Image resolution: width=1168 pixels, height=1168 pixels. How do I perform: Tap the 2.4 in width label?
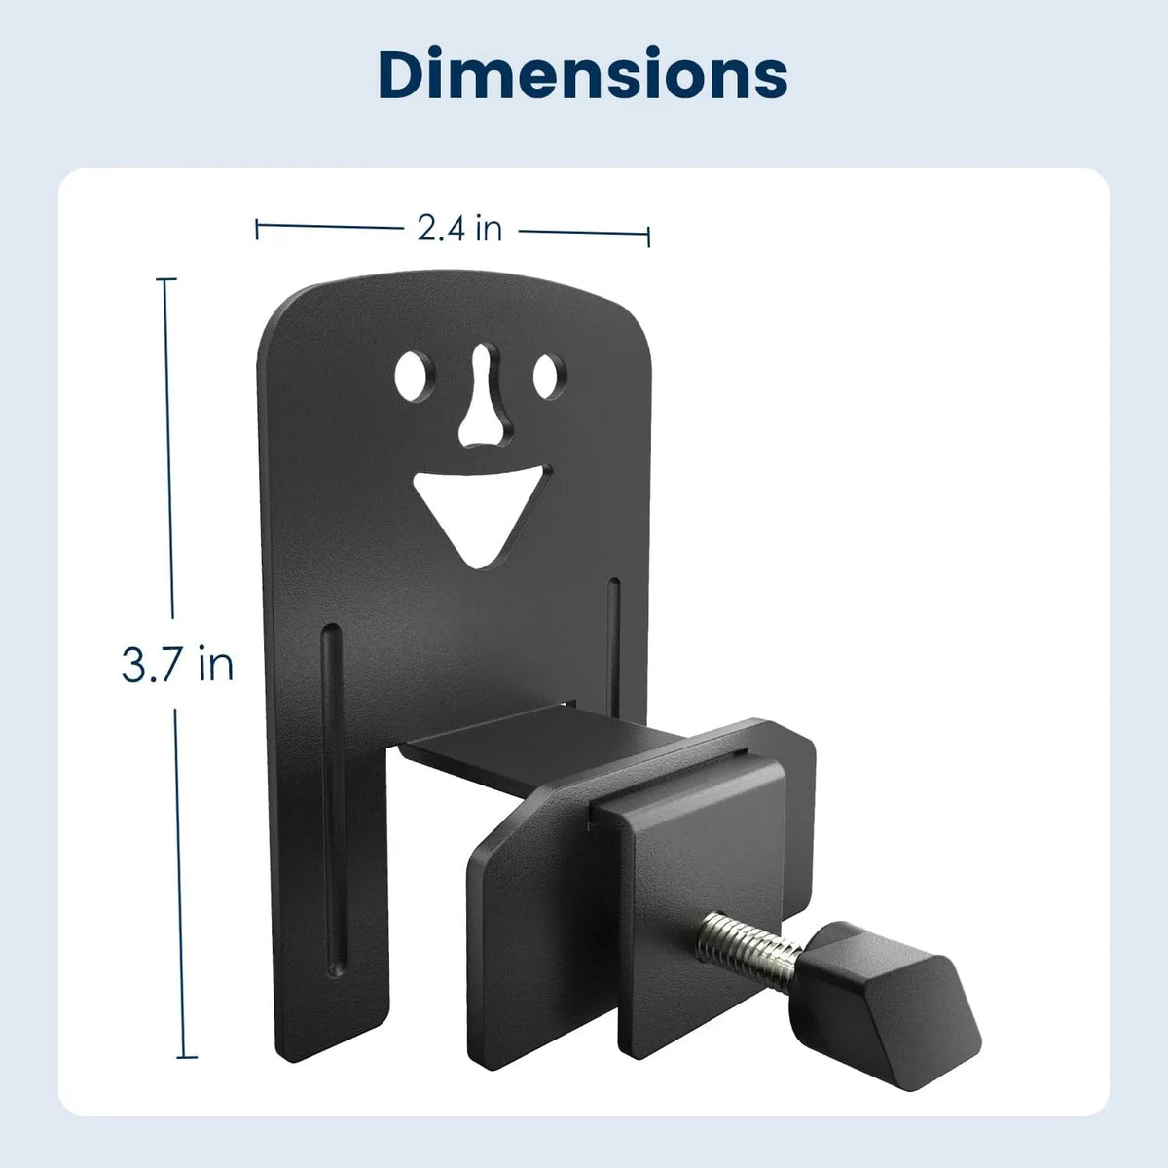pos(460,229)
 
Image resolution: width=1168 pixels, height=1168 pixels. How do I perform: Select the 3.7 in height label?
pos(177,665)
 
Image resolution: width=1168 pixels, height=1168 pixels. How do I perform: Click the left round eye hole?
pos(415,376)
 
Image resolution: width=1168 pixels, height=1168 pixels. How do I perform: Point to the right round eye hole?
pos(549,377)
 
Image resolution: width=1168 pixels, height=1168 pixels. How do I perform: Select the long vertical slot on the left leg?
pos(334,769)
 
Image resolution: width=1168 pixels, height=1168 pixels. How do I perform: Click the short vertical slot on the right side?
pos(613,646)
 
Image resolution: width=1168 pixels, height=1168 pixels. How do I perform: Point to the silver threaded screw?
pos(749,952)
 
